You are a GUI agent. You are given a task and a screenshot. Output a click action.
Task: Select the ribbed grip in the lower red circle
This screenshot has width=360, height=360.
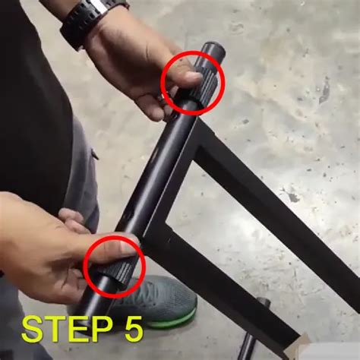(x=118, y=269)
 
